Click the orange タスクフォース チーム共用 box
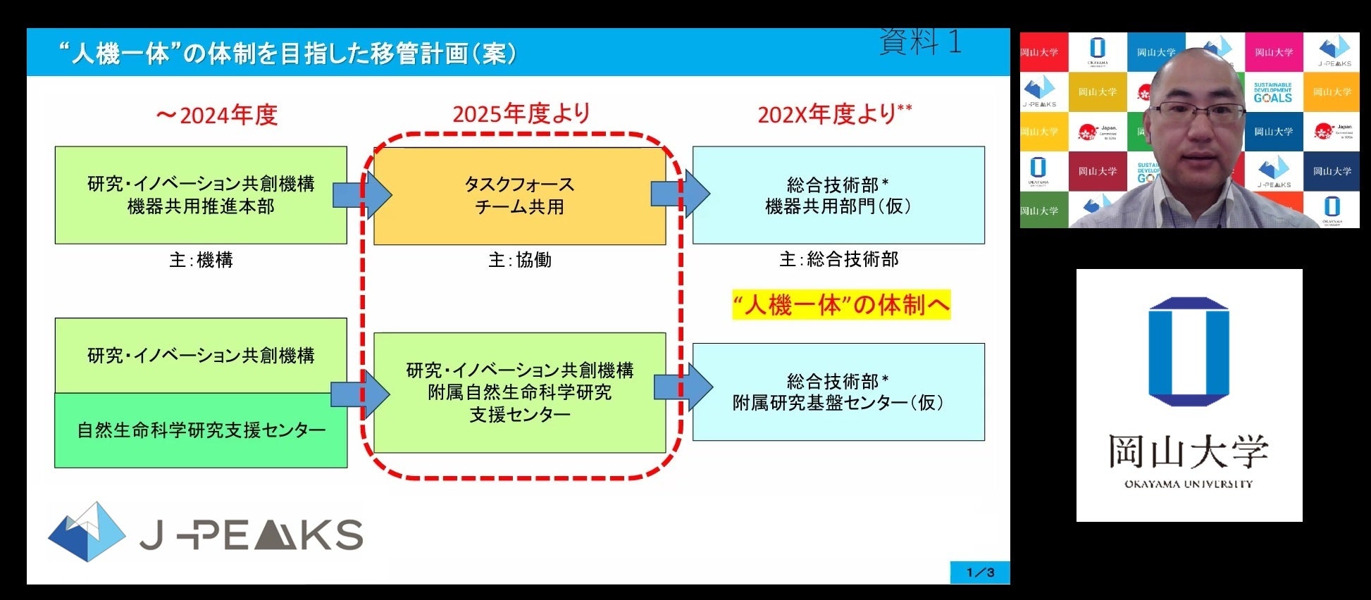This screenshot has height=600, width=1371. pyautogui.click(x=519, y=196)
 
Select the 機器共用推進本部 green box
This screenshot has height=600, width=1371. pyautogui.click(x=201, y=195)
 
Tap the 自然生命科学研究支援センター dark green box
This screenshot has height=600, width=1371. pyautogui.click(x=201, y=430)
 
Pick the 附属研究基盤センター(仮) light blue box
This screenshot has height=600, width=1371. pyautogui.click(x=838, y=392)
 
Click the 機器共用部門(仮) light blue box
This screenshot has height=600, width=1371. pyautogui.click(x=838, y=195)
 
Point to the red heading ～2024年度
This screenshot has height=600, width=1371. pyautogui.click(x=217, y=115)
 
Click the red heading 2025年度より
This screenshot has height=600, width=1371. pyautogui.click(x=521, y=113)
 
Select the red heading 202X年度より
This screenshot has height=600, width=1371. pyautogui.click(x=834, y=113)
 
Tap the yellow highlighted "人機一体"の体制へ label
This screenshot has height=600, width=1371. pyautogui.click(x=841, y=305)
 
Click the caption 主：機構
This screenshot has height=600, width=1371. pyautogui.click(x=201, y=260)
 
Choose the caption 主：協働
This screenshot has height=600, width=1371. pyautogui.click(x=520, y=260)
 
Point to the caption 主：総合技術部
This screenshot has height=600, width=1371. pyautogui.click(x=838, y=259)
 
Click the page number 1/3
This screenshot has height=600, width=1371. pyautogui.click(x=980, y=573)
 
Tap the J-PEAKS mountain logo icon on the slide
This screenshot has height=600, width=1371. pyautogui.click(x=86, y=532)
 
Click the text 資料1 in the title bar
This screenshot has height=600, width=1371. pyautogui.click(x=920, y=42)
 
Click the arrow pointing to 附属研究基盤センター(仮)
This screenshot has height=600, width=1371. pyautogui.click(x=683, y=387)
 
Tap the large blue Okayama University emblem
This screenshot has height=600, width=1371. pyautogui.click(x=1189, y=351)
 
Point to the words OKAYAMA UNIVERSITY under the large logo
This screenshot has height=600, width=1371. pyautogui.click(x=1189, y=484)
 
